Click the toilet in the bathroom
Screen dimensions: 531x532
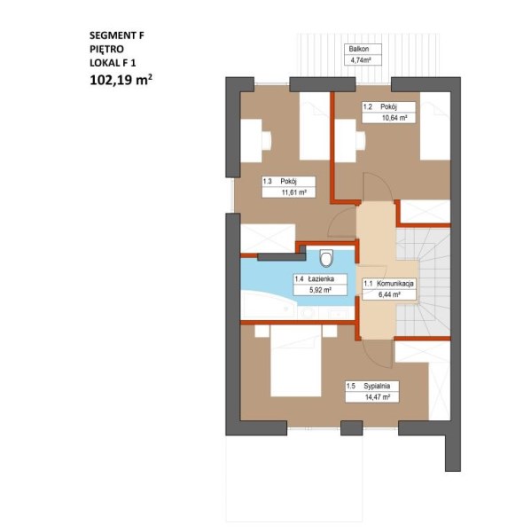pos(326,258)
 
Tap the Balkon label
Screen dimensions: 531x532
pos(359,49)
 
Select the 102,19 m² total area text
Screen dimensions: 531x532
pos(121,80)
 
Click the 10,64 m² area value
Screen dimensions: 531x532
pos(394,118)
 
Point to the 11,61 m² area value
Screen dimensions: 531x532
pos(294,192)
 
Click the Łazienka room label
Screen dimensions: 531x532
pos(321,279)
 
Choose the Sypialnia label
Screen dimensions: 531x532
pos(377,386)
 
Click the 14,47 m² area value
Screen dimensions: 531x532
pos(378,397)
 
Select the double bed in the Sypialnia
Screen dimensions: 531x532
pos(296,361)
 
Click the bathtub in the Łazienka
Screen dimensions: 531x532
pos(268,305)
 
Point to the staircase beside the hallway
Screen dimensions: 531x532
pos(423,282)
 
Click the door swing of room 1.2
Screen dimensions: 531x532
pos(378,186)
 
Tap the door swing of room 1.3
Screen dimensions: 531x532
pos(341,222)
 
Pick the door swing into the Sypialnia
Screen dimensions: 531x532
pos(377,354)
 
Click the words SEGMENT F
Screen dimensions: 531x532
pos(117,35)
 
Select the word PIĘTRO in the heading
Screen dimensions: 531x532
pos(106,49)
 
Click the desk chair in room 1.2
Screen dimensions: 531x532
pos(361,140)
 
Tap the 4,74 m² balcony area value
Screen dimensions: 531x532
pos(358,60)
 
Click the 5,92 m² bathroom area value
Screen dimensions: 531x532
pos(320,290)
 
